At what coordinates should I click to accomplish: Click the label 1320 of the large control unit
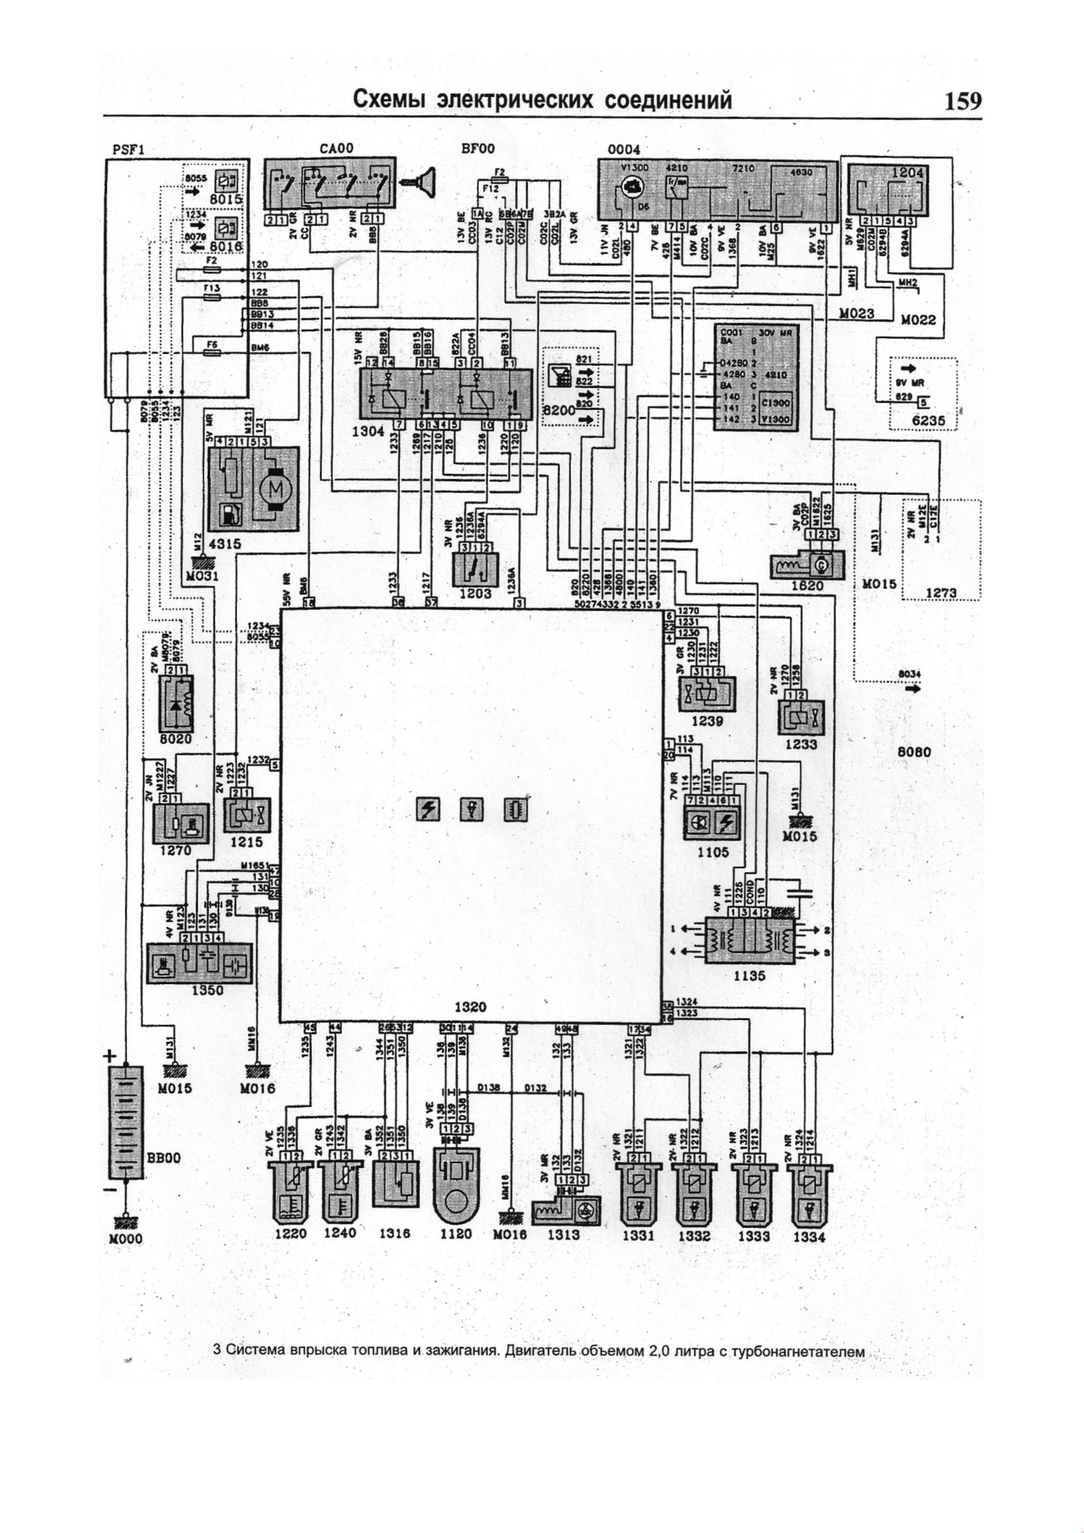click(x=470, y=1007)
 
